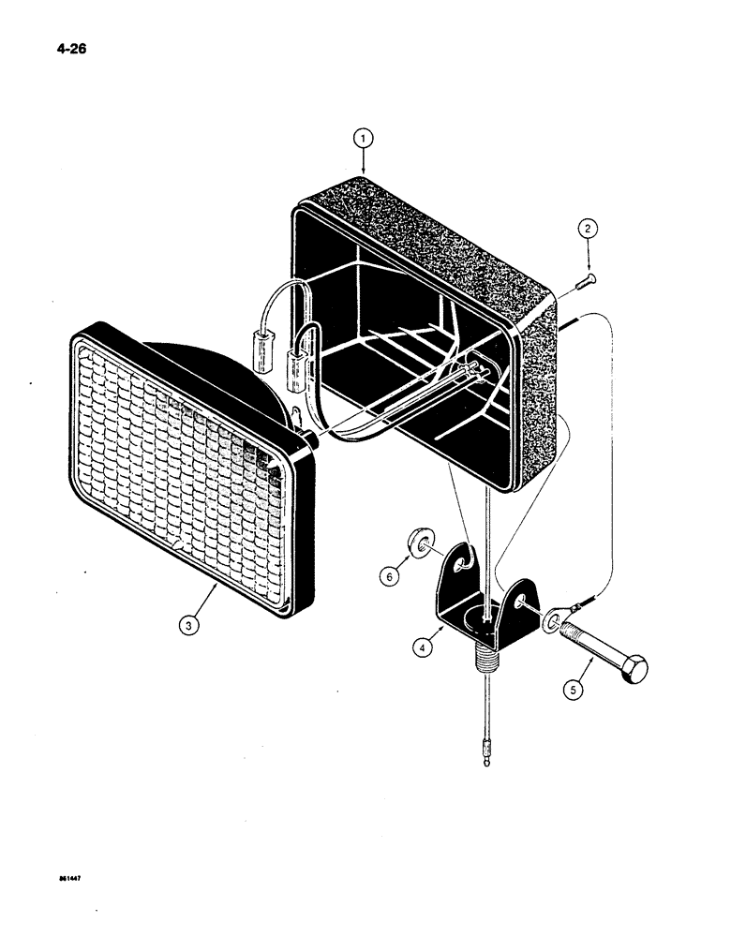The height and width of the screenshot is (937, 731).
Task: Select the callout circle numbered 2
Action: click(587, 230)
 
